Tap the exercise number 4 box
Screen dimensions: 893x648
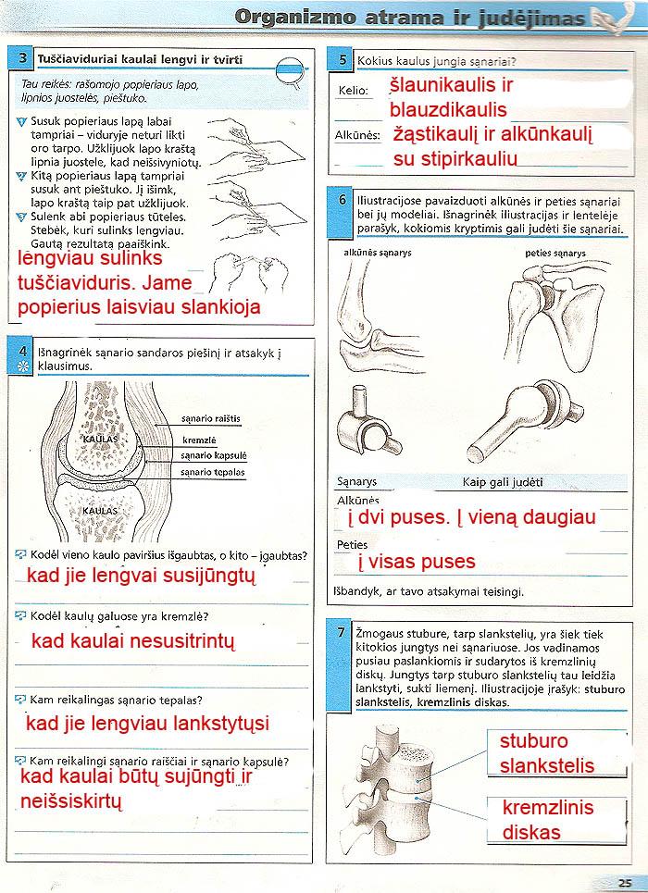click(x=22, y=351)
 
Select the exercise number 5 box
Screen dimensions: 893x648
click(x=343, y=61)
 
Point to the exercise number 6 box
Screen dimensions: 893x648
click(x=342, y=200)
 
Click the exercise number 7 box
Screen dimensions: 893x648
click(x=342, y=633)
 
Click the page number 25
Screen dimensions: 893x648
click(x=625, y=881)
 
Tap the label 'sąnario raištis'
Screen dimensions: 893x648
click(x=210, y=419)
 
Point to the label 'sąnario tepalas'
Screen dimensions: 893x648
click(x=212, y=472)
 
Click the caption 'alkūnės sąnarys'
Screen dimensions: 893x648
click(x=377, y=253)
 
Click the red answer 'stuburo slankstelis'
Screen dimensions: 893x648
click(x=547, y=753)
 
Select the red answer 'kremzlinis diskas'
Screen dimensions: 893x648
click(x=548, y=820)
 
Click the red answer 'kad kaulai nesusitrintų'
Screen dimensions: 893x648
click(x=133, y=640)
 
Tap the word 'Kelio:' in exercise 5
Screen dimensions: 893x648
click(x=353, y=91)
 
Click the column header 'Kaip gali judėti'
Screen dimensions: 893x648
click(x=503, y=482)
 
